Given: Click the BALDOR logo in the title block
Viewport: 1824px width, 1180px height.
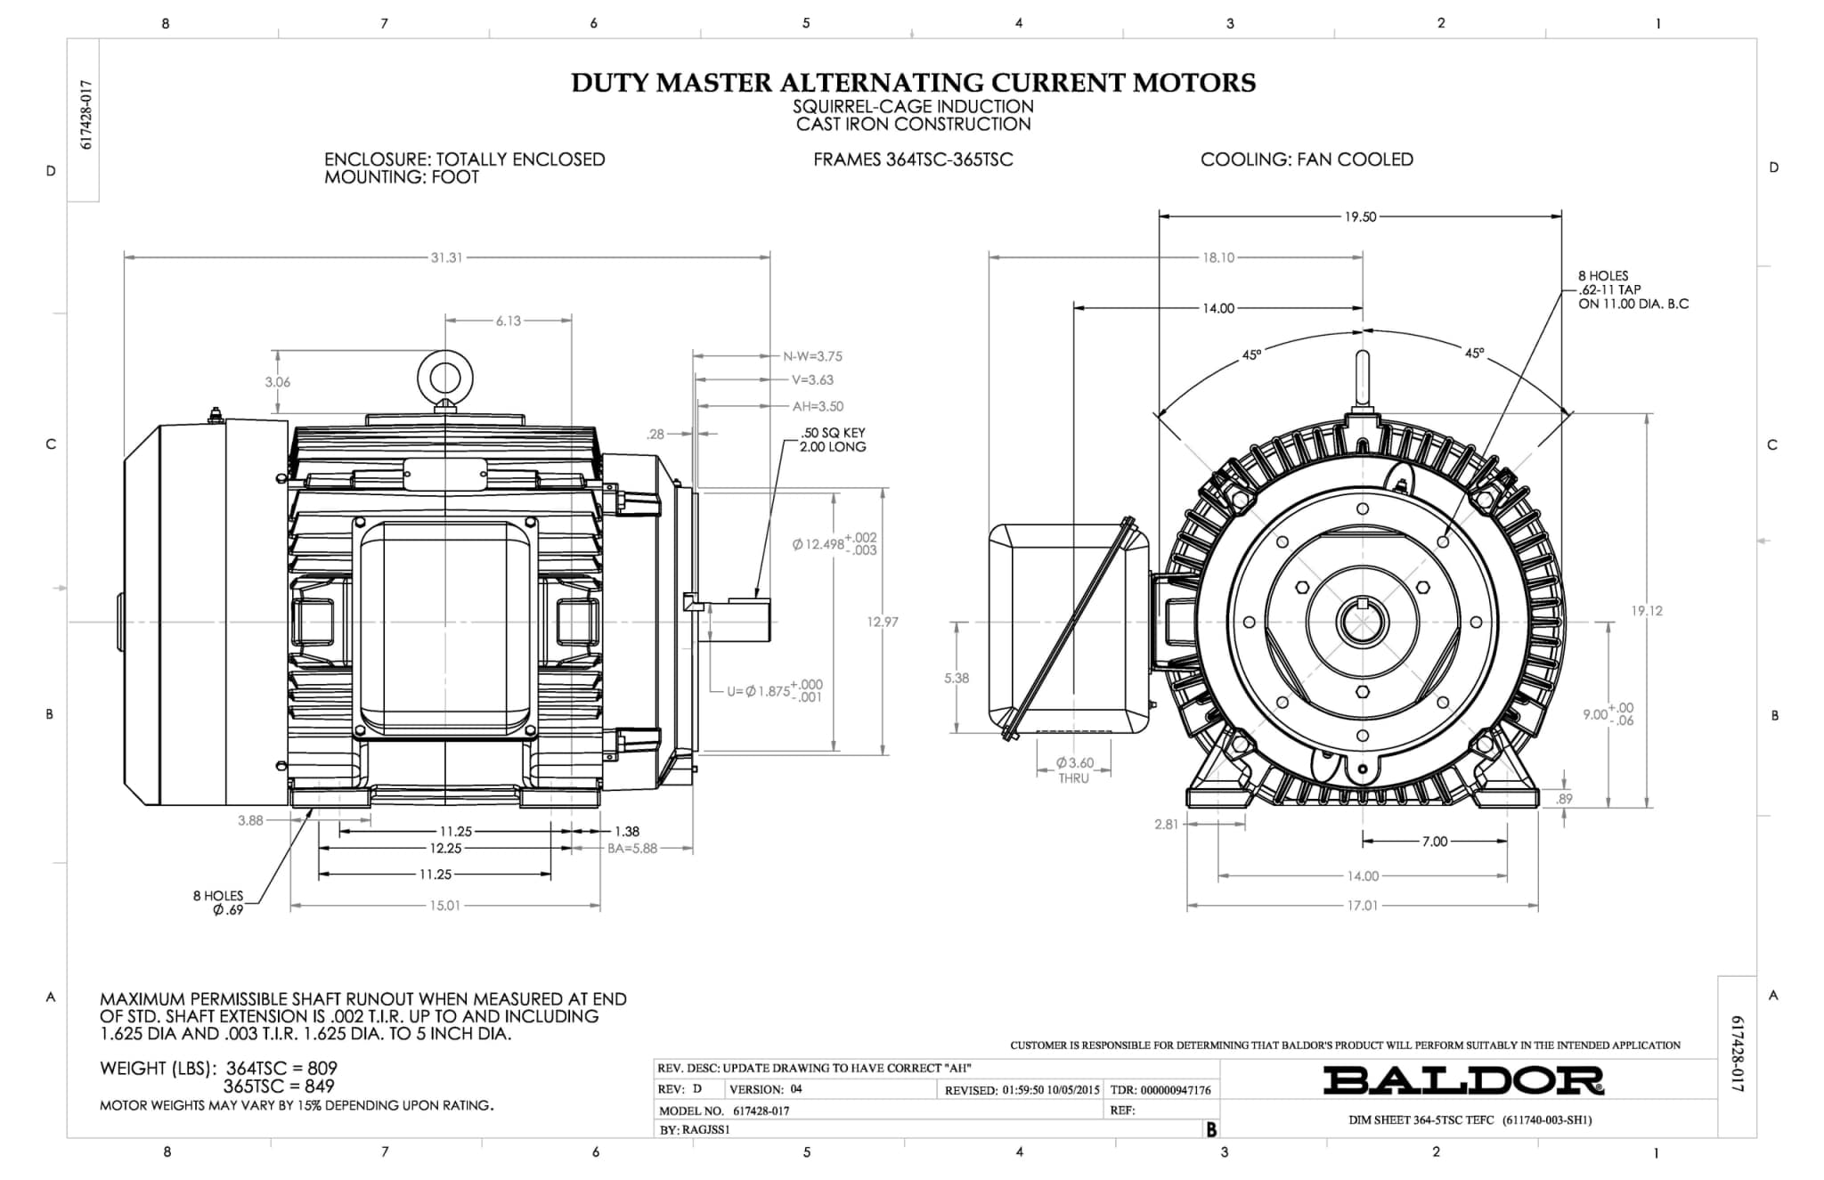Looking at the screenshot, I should [x=1463, y=1080].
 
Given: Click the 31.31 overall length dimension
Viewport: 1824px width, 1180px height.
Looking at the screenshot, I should [x=446, y=257].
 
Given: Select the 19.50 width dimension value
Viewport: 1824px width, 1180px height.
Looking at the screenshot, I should [x=1360, y=216].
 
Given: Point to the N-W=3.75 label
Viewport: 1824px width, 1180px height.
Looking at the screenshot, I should [x=812, y=356].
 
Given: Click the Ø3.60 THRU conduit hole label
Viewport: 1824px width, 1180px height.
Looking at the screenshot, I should [x=1074, y=770].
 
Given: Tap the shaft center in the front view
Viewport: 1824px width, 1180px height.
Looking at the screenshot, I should [x=1362, y=621].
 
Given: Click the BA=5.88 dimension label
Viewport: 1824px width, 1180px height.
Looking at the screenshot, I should [x=632, y=849].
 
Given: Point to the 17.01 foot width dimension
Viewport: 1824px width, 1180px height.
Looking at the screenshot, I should [x=1363, y=906].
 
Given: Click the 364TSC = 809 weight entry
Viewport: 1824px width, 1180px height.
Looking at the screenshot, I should [x=281, y=1068].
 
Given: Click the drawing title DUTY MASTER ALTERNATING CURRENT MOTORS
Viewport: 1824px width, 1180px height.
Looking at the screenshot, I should [x=913, y=83].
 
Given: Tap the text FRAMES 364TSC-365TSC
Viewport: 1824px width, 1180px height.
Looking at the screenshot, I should [x=913, y=160].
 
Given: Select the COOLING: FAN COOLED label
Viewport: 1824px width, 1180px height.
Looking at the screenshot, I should [x=1307, y=159].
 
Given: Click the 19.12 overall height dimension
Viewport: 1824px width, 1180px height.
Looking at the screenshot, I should [x=1647, y=611].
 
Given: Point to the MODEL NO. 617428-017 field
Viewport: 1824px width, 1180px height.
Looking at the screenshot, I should [x=724, y=1111].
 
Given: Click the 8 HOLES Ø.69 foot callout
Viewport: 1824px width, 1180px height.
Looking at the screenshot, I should [x=218, y=903].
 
